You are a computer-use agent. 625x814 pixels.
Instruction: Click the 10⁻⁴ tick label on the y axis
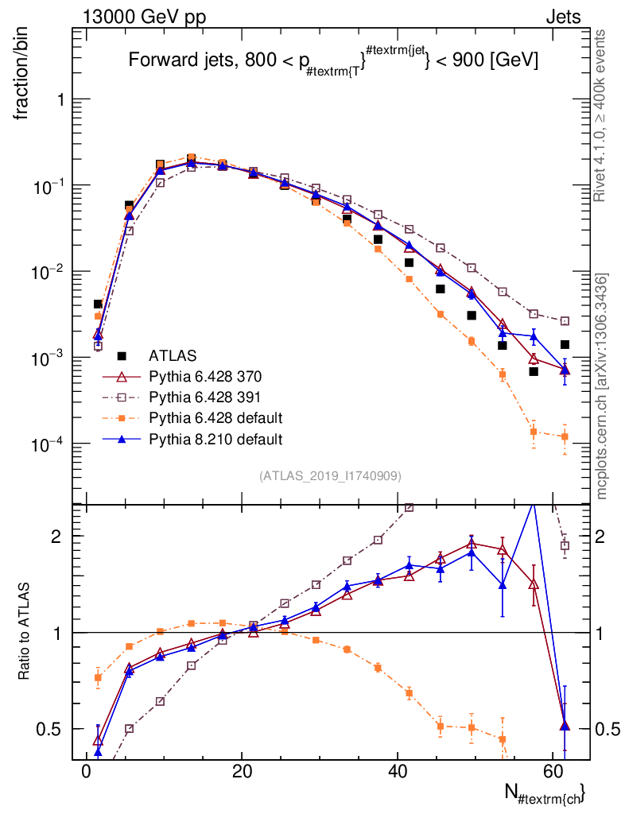[x=48, y=444]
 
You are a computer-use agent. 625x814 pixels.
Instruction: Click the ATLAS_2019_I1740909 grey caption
[x=330, y=476]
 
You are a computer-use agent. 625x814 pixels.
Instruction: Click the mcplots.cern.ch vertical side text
[x=601, y=386]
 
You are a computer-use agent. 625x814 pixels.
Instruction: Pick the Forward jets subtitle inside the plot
[x=333, y=60]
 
